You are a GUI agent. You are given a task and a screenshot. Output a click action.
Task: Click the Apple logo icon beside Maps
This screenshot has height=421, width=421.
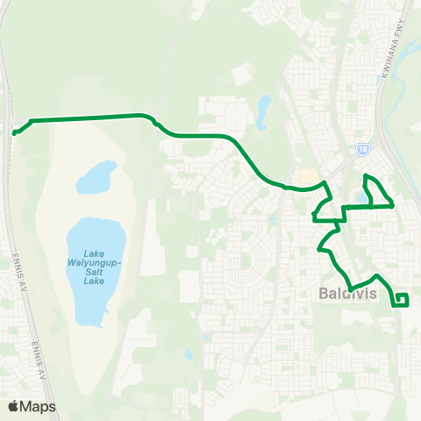pos(15,406)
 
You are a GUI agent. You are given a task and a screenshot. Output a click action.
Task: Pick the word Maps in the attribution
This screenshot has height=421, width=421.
pos(39,406)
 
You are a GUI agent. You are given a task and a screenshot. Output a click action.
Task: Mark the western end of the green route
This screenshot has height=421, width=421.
pos(15,133)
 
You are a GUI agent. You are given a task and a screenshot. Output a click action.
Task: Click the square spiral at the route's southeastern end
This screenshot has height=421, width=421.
pos(402,300)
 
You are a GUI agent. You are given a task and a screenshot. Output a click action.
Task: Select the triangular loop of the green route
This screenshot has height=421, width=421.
pos(377,193)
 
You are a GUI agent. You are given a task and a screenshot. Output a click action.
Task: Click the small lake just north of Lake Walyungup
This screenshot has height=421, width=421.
pos(96,177)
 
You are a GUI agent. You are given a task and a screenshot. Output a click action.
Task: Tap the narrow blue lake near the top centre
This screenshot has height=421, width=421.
pos(263,108)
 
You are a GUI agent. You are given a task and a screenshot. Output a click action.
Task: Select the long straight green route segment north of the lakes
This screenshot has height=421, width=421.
pos(88,118)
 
